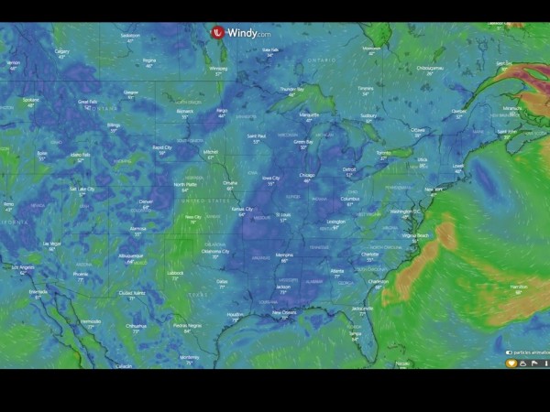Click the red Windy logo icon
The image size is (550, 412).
pyautogui.click(x=218, y=32)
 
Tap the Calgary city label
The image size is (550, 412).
pyautogui.click(x=62, y=51)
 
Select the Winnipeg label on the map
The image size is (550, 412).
pyautogui.click(x=218, y=68)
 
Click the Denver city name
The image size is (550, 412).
pyautogui.click(x=146, y=201)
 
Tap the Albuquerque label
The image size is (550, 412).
pyautogui.click(x=130, y=255)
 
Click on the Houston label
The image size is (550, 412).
pyautogui.click(x=236, y=314)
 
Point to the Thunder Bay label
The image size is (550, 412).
pyautogui.click(x=292, y=89)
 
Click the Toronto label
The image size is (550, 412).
pyautogui.click(x=384, y=152)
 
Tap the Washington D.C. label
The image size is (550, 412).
pyautogui.click(x=405, y=211)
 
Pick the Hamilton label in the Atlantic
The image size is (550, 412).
pyautogui.click(x=518, y=287)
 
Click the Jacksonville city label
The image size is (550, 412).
pyautogui.click(x=362, y=309)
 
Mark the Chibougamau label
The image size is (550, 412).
pyautogui.click(x=430, y=67)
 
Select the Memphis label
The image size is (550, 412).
pyautogui.click(x=284, y=255)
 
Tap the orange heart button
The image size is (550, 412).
pyautogui.click(x=511, y=363)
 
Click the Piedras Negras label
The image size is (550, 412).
pyautogui.click(x=187, y=325)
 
